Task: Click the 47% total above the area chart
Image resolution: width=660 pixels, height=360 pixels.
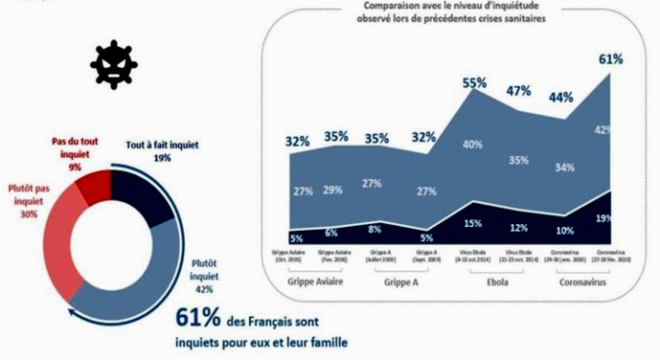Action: (519, 92)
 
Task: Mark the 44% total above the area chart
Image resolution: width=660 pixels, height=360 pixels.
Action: (561, 97)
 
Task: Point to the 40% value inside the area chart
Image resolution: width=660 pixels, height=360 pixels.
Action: (473, 145)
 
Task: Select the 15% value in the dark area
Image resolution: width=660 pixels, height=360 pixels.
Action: (473, 223)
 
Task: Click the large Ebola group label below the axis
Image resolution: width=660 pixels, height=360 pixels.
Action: (496, 285)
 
